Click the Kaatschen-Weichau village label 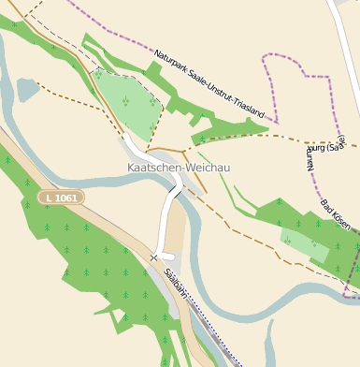click(x=178, y=168)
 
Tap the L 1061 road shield click(x=61, y=198)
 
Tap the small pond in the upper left click(x=27, y=89)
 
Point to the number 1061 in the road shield click(x=65, y=198)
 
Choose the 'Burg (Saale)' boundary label click(x=326, y=146)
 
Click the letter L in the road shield click(x=48, y=198)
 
